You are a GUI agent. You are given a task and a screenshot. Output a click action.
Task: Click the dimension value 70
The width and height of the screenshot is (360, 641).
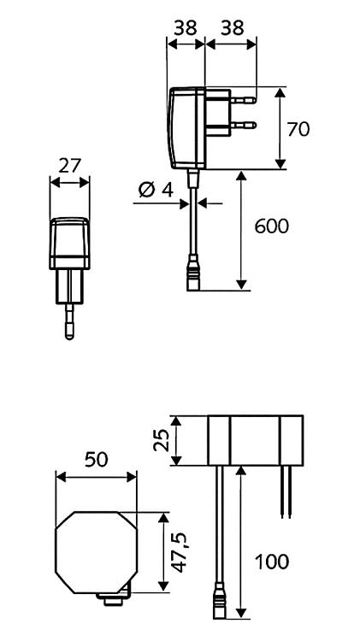298,130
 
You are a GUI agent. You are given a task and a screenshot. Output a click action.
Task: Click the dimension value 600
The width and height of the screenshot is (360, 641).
272,226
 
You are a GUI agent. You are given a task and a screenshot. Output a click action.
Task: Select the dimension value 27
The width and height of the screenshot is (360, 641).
70,166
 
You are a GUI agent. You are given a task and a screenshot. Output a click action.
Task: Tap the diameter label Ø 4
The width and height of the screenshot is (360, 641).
156,190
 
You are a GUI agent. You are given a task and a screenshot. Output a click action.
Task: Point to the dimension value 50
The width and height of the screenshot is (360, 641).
97,460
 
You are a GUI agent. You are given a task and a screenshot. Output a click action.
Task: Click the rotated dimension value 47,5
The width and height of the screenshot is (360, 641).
180,552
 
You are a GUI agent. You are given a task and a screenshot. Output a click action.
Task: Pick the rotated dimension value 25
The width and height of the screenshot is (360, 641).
161,440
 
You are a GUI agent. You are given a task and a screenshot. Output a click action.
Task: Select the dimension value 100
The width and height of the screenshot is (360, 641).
272,562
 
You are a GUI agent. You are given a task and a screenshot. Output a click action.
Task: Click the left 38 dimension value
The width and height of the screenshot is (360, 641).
186,28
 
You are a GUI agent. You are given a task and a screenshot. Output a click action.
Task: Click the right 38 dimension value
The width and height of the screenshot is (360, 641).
232,28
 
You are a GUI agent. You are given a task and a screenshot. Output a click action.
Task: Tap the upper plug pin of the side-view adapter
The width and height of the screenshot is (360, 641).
244,100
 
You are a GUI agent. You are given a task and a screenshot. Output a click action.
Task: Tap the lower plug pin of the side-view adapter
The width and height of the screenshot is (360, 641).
244,125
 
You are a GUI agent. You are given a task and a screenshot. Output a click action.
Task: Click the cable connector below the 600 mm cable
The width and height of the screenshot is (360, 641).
193,273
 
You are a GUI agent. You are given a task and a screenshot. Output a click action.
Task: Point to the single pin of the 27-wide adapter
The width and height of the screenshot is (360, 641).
69,321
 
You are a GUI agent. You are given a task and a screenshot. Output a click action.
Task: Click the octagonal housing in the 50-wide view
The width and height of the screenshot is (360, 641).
96,552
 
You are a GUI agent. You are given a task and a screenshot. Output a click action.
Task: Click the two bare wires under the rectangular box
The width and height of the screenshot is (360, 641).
286,492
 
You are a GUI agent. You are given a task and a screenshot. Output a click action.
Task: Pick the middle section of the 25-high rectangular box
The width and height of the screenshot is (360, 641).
255,440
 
